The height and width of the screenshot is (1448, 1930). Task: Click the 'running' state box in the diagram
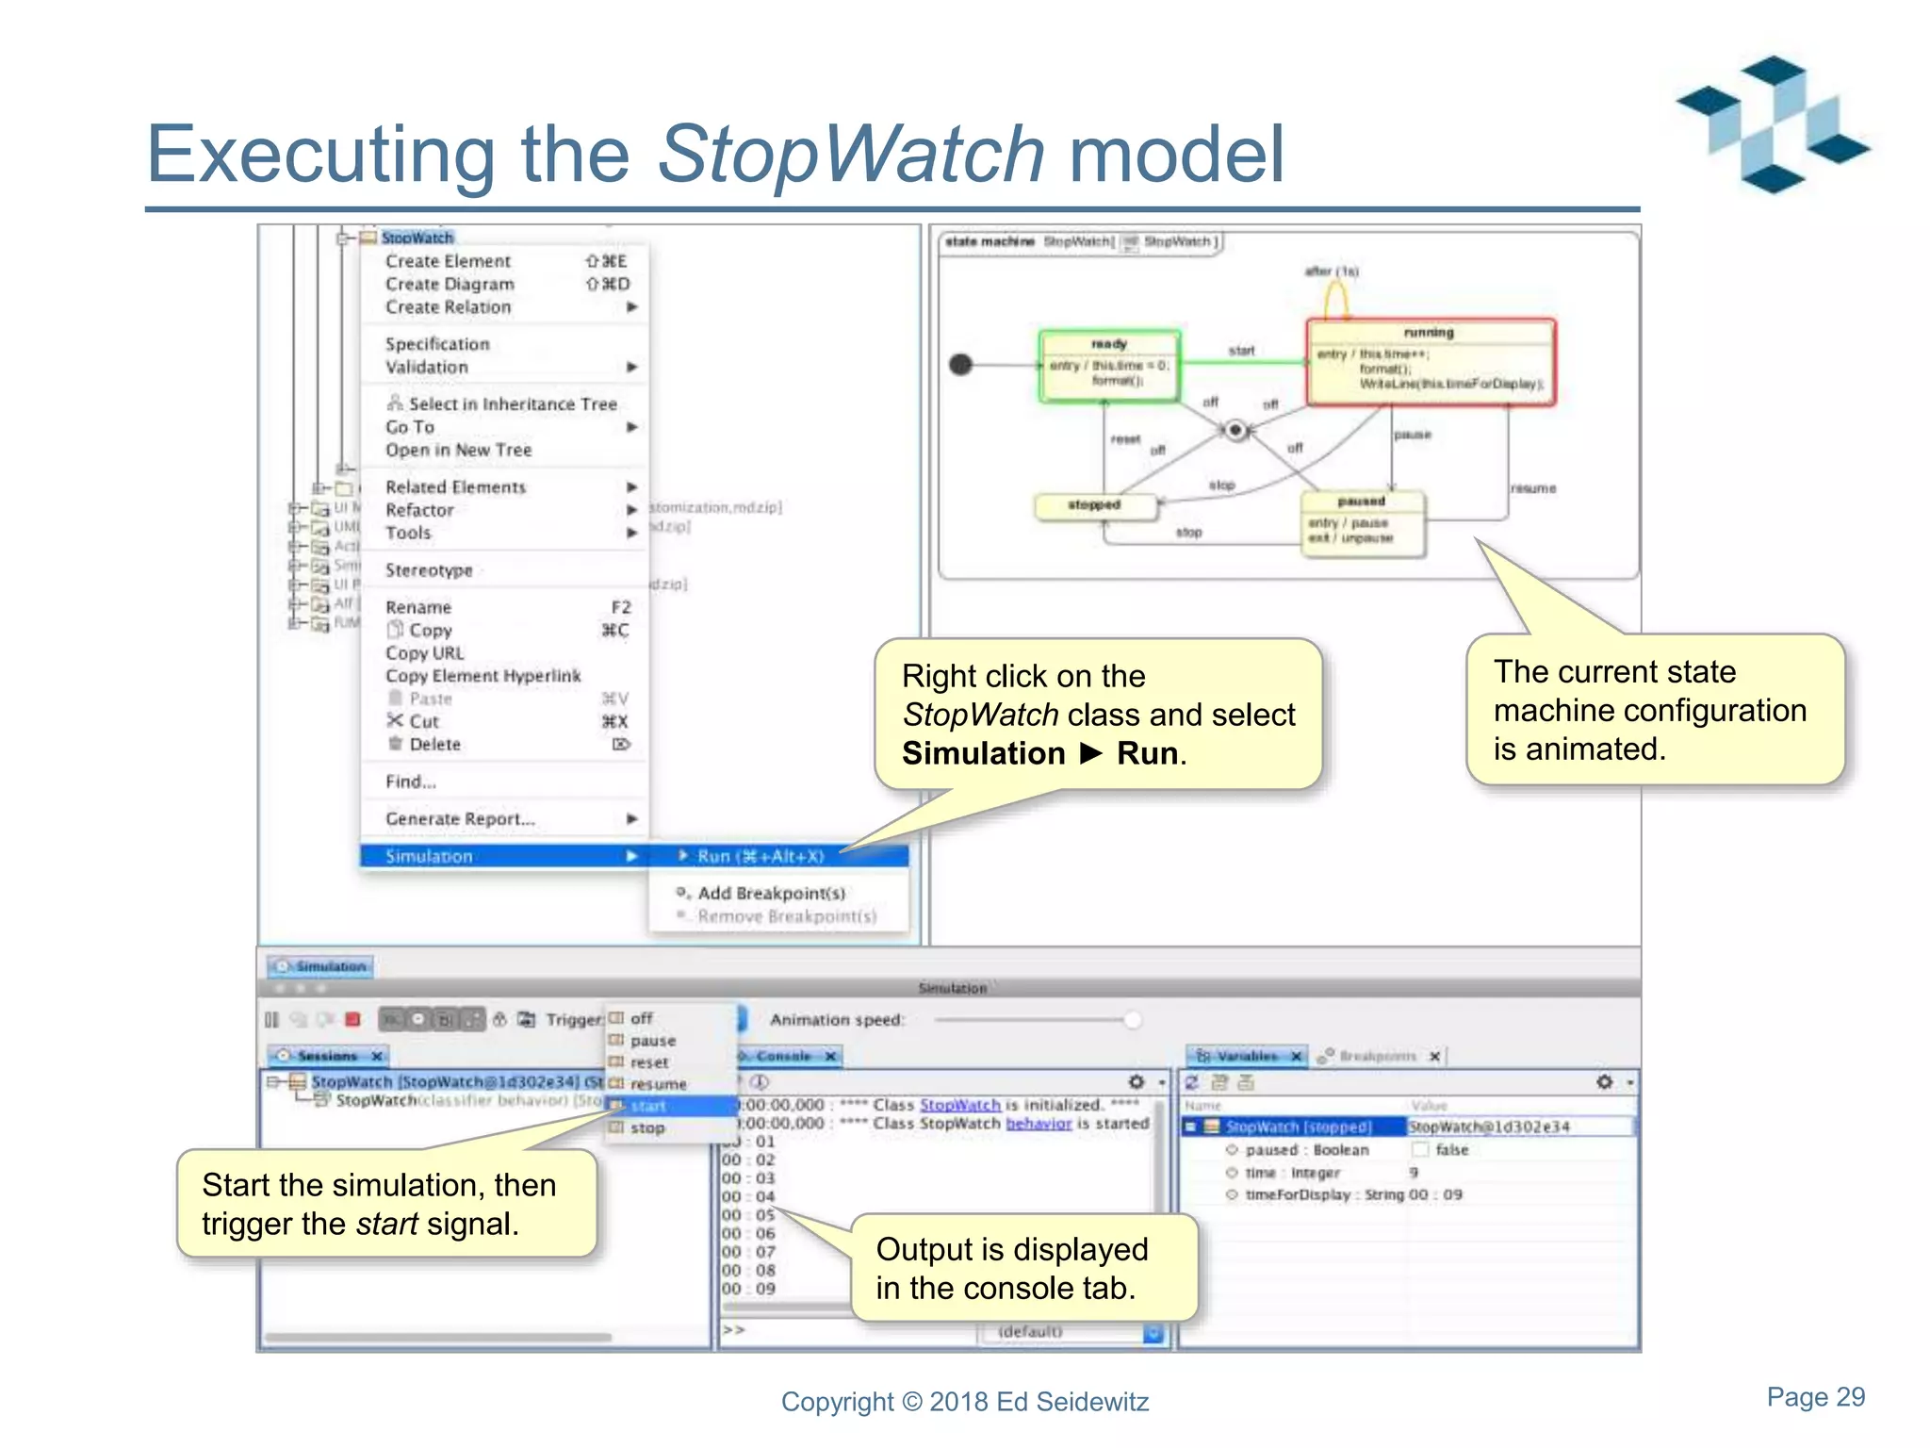click(1430, 362)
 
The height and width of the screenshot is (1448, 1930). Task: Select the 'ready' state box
click(1109, 366)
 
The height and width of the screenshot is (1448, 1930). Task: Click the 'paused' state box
click(1363, 523)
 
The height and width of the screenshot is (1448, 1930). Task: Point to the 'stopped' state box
click(1095, 506)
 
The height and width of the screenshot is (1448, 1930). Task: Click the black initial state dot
click(960, 364)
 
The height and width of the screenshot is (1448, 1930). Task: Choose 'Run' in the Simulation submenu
click(760, 856)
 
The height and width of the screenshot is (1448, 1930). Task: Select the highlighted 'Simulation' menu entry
click(430, 856)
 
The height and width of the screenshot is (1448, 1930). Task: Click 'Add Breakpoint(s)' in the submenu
click(771, 893)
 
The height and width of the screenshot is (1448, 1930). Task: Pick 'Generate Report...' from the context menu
click(460, 818)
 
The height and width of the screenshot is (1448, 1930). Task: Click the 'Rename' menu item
click(418, 607)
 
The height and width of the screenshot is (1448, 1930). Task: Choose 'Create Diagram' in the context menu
click(450, 284)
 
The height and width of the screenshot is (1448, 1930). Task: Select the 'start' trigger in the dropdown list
click(648, 1106)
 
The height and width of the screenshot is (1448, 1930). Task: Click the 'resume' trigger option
click(658, 1084)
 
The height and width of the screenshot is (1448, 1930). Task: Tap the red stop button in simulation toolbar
click(353, 1019)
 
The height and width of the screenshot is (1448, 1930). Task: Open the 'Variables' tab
click(1246, 1056)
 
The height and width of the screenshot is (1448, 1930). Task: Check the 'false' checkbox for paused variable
click(1420, 1149)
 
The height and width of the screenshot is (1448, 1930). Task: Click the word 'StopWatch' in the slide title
click(851, 153)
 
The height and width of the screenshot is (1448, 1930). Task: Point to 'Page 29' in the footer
click(1815, 1396)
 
